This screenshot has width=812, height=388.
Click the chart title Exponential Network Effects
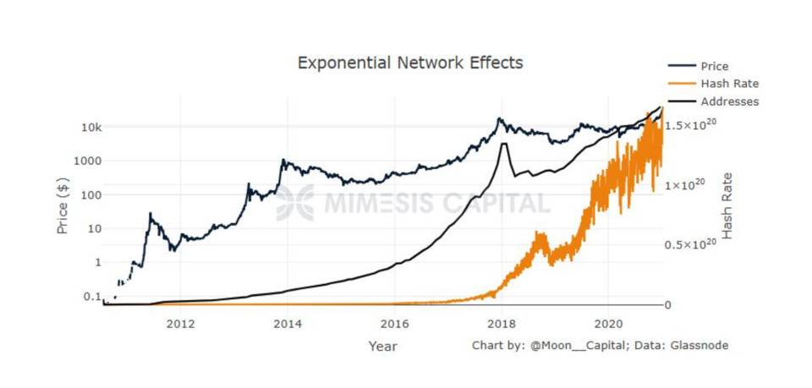tap(410, 63)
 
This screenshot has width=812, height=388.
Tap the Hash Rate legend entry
tap(729, 84)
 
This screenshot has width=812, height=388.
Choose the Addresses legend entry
tap(729, 101)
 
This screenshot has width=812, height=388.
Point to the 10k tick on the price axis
tap(91, 127)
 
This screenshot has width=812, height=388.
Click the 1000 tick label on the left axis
tap(88, 161)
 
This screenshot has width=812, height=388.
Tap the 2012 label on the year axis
tap(180, 323)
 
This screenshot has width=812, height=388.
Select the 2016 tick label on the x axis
tap(395, 323)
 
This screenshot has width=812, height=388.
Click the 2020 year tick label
tap(609, 323)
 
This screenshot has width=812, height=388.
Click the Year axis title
tap(382, 346)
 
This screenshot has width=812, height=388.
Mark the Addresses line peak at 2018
tap(504, 144)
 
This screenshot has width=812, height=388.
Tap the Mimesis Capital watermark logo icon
tap(294, 202)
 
